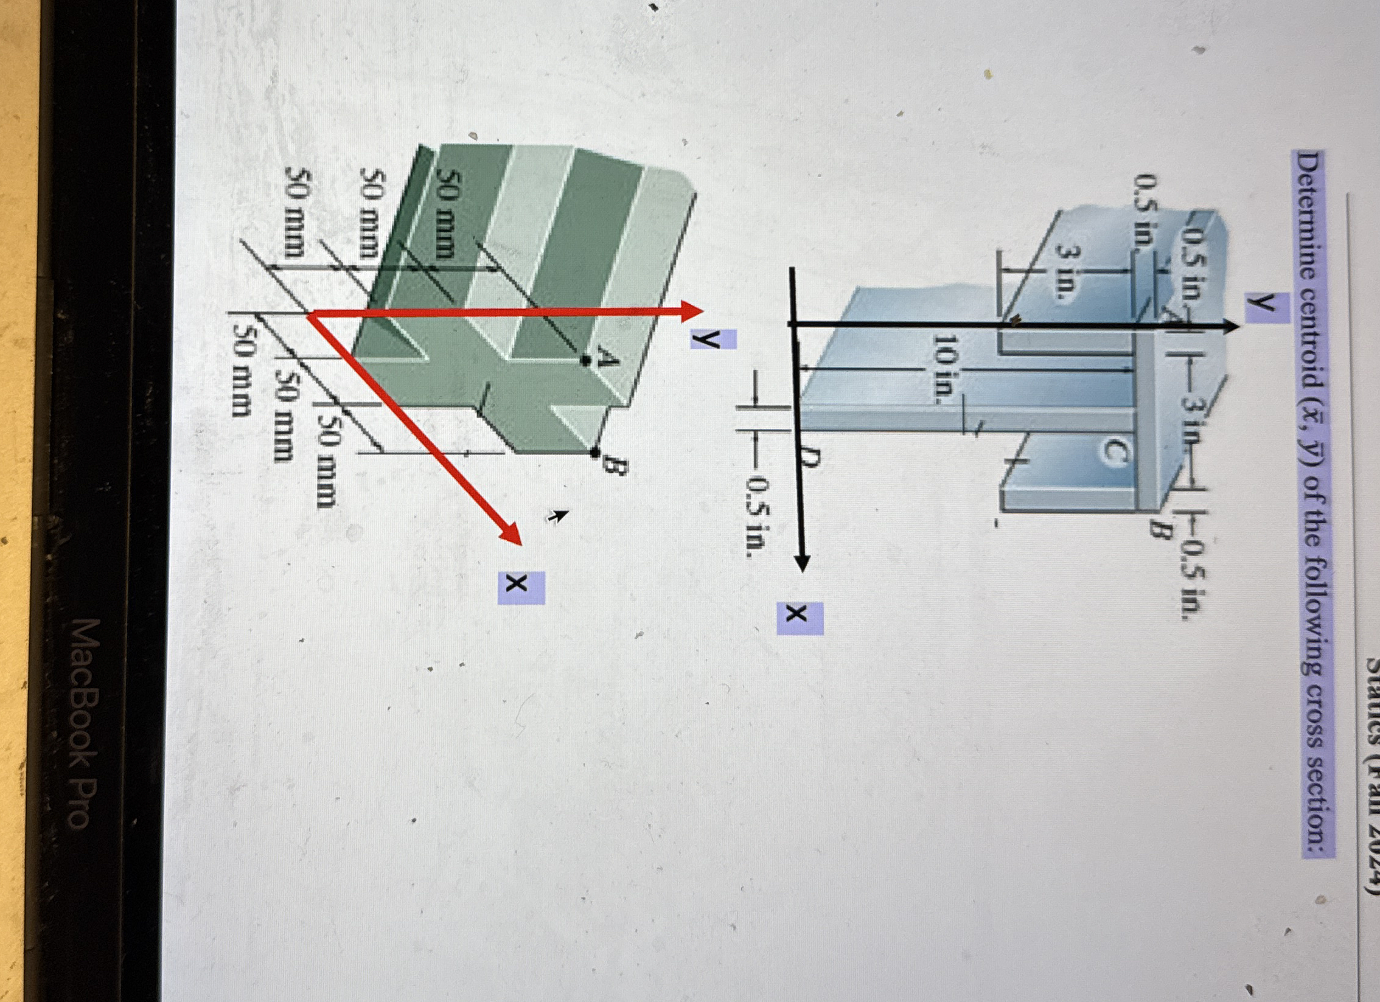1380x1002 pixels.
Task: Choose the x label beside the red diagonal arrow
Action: (x=521, y=587)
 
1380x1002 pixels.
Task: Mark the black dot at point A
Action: (x=585, y=361)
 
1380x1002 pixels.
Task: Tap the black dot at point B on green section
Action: (x=595, y=452)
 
